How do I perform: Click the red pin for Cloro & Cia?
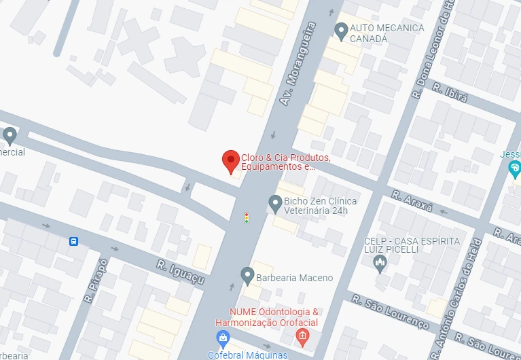(231, 161)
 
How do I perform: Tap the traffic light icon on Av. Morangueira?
(247, 217)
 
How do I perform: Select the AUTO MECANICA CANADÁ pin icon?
(342, 30)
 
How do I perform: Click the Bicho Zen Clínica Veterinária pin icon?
(275, 202)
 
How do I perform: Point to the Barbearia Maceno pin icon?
(247, 276)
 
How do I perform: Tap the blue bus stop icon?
(73, 241)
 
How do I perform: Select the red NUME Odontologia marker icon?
(303, 336)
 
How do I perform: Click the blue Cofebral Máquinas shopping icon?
(223, 338)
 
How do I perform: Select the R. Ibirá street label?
(450, 95)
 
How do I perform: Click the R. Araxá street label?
(412, 201)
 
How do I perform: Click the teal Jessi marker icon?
(514, 168)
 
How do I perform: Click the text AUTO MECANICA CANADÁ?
(387, 33)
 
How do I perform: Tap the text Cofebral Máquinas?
(249, 355)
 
